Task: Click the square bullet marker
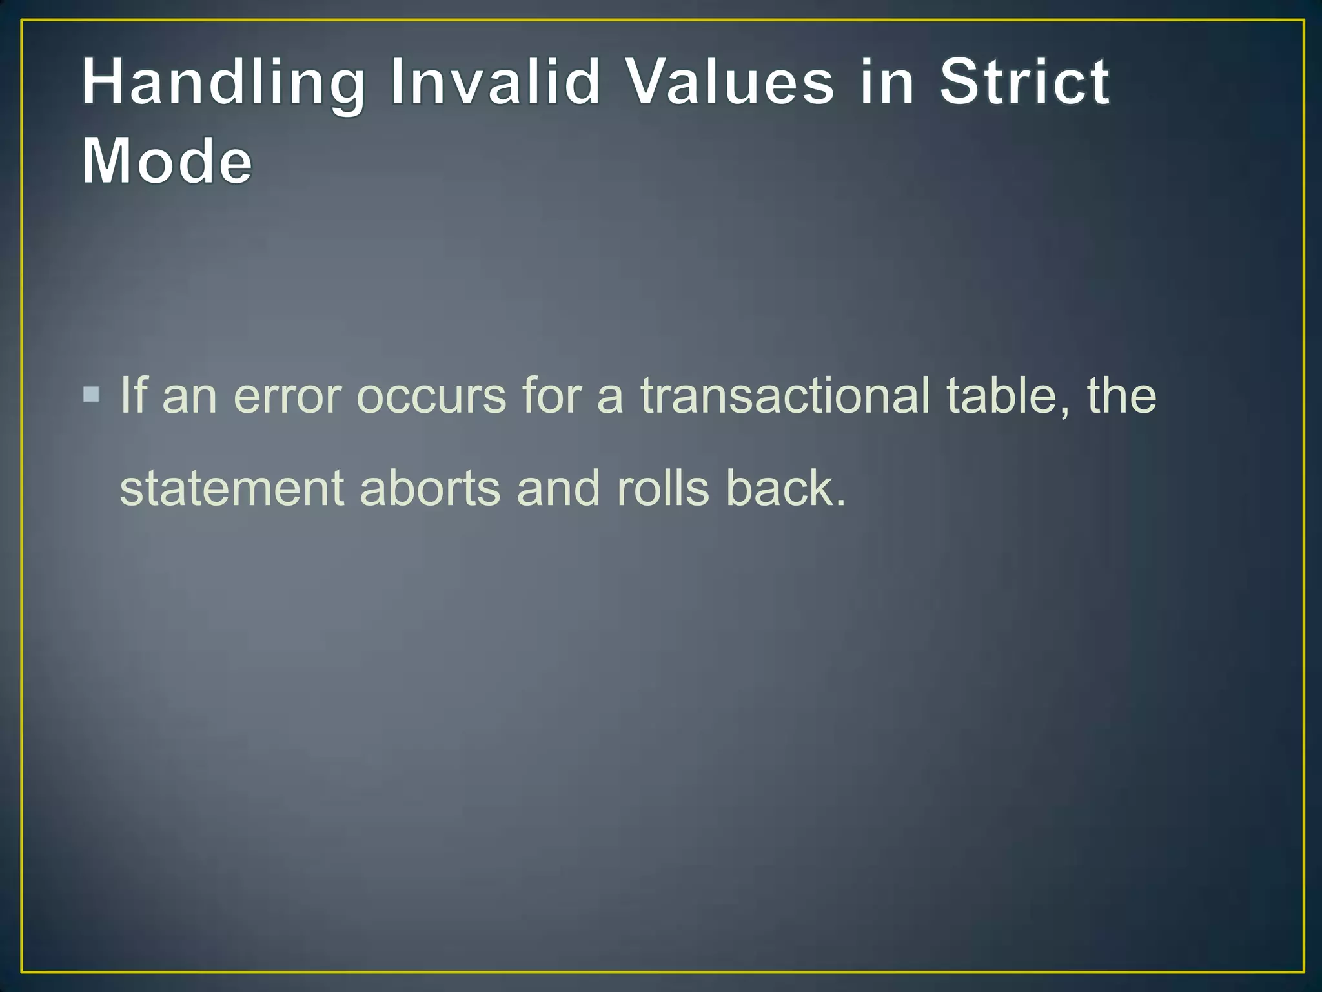(92, 394)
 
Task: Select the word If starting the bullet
(134, 395)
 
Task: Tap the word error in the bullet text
(287, 396)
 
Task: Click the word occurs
(431, 396)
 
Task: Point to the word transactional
(785, 395)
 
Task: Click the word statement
(232, 488)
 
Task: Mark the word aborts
(430, 488)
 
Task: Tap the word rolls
(663, 488)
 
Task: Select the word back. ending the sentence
(785, 488)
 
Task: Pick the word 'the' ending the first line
(1122, 395)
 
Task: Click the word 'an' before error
(189, 396)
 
